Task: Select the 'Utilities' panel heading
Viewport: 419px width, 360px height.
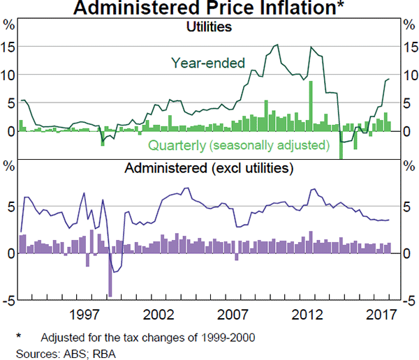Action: click(x=209, y=27)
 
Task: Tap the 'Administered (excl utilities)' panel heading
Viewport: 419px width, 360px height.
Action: click(x=209, y=168)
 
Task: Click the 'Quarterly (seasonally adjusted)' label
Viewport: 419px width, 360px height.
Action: click(x=238, y=145)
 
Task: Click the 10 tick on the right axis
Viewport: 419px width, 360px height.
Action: click(x=411, y=75)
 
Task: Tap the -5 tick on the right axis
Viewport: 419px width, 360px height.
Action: click(x=411, y=300)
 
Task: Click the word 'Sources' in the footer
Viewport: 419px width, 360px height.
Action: click(x=22, y=351)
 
